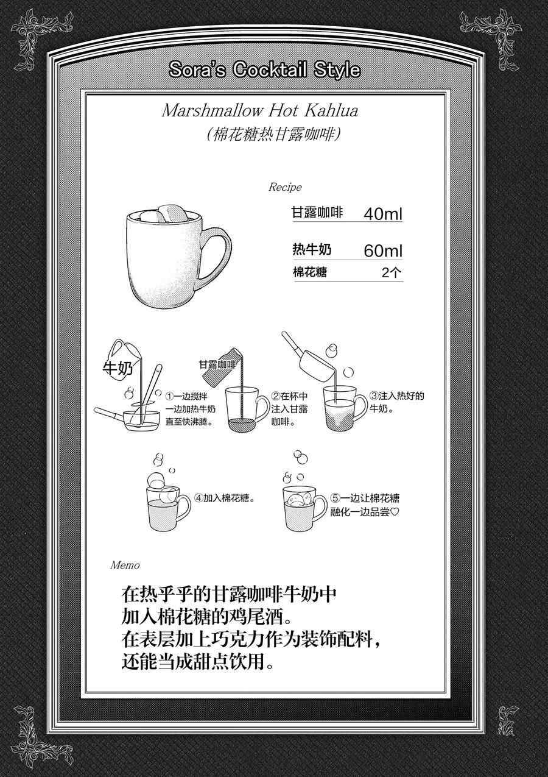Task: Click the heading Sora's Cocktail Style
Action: [264, 69]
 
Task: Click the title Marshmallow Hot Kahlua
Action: [260, 111]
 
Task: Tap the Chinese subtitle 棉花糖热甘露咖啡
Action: [273, 134]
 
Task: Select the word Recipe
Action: [285, 187]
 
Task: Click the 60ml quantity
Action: [383, 251]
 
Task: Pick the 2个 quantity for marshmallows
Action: [392, 272]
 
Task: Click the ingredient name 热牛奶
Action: [312, 249]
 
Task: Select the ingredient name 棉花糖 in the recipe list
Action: [309, 272]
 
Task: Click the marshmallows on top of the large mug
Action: [166, 215]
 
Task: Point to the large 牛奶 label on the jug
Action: [118, 368]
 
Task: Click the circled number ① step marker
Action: [169, 396]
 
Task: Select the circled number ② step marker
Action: [276, 396]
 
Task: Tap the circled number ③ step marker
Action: [374, 396]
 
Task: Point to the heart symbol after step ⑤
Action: [395, 512]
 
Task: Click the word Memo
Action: [125, 566]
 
